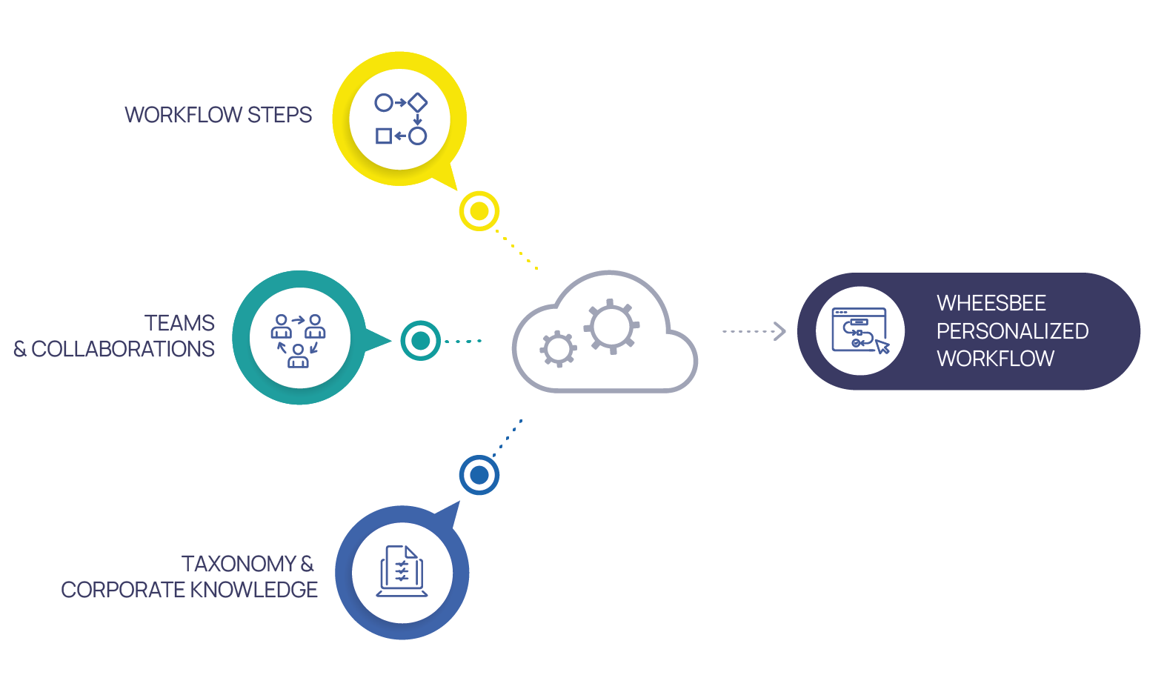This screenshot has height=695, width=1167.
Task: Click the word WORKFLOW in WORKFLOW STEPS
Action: click(183, 115)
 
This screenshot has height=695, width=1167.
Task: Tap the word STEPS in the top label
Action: click(279, 115)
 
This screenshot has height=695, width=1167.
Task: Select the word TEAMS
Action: click(179, 323)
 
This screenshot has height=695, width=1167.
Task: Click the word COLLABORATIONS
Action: click(123, 349)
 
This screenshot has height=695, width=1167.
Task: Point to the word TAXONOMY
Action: click(239, 564)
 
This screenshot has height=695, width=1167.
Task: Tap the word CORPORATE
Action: click(123, 590)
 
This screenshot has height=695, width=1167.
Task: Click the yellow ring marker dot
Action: click(479, 211)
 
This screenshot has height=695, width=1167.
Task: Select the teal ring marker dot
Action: click(420, 341)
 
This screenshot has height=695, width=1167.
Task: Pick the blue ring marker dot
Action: click(479, 475)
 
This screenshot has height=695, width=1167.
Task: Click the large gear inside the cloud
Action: click(611, 326)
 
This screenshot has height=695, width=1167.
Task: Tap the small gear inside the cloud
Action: click(558, 349)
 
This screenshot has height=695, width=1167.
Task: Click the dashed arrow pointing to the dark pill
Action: click(754, 331)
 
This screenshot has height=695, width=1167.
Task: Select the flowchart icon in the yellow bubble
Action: click(400, 119)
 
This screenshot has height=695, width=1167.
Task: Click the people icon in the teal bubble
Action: click(299, 340)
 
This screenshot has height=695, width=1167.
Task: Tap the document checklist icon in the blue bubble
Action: click(402, 571)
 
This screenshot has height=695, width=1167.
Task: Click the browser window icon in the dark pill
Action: click(860, 330)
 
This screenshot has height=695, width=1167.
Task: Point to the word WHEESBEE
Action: click(991, 303)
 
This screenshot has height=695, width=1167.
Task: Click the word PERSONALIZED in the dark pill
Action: click(1012, 331)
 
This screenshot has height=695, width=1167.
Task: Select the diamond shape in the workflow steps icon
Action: click(418, 102)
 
